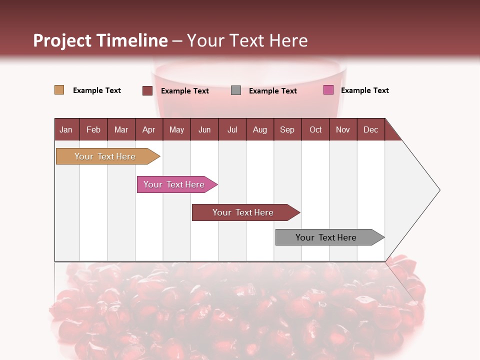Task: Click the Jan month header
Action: pos(66,129)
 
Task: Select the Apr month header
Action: pos(148,129)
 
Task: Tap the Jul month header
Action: pos(232,129)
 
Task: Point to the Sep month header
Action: pos(287,129)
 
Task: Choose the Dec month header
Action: pos(370,129)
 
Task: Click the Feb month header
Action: pos(93,129)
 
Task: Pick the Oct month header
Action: pos(315,129)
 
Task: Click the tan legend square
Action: pos(59,90)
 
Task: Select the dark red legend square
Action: pos(147,90)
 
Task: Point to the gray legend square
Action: pos(236,90)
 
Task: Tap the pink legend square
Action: pos(328,90)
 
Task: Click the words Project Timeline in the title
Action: pos(100,40)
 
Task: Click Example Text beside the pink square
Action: pos(364,90)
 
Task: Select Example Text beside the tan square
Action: pos(97,90)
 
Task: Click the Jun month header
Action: pos(204,129)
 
